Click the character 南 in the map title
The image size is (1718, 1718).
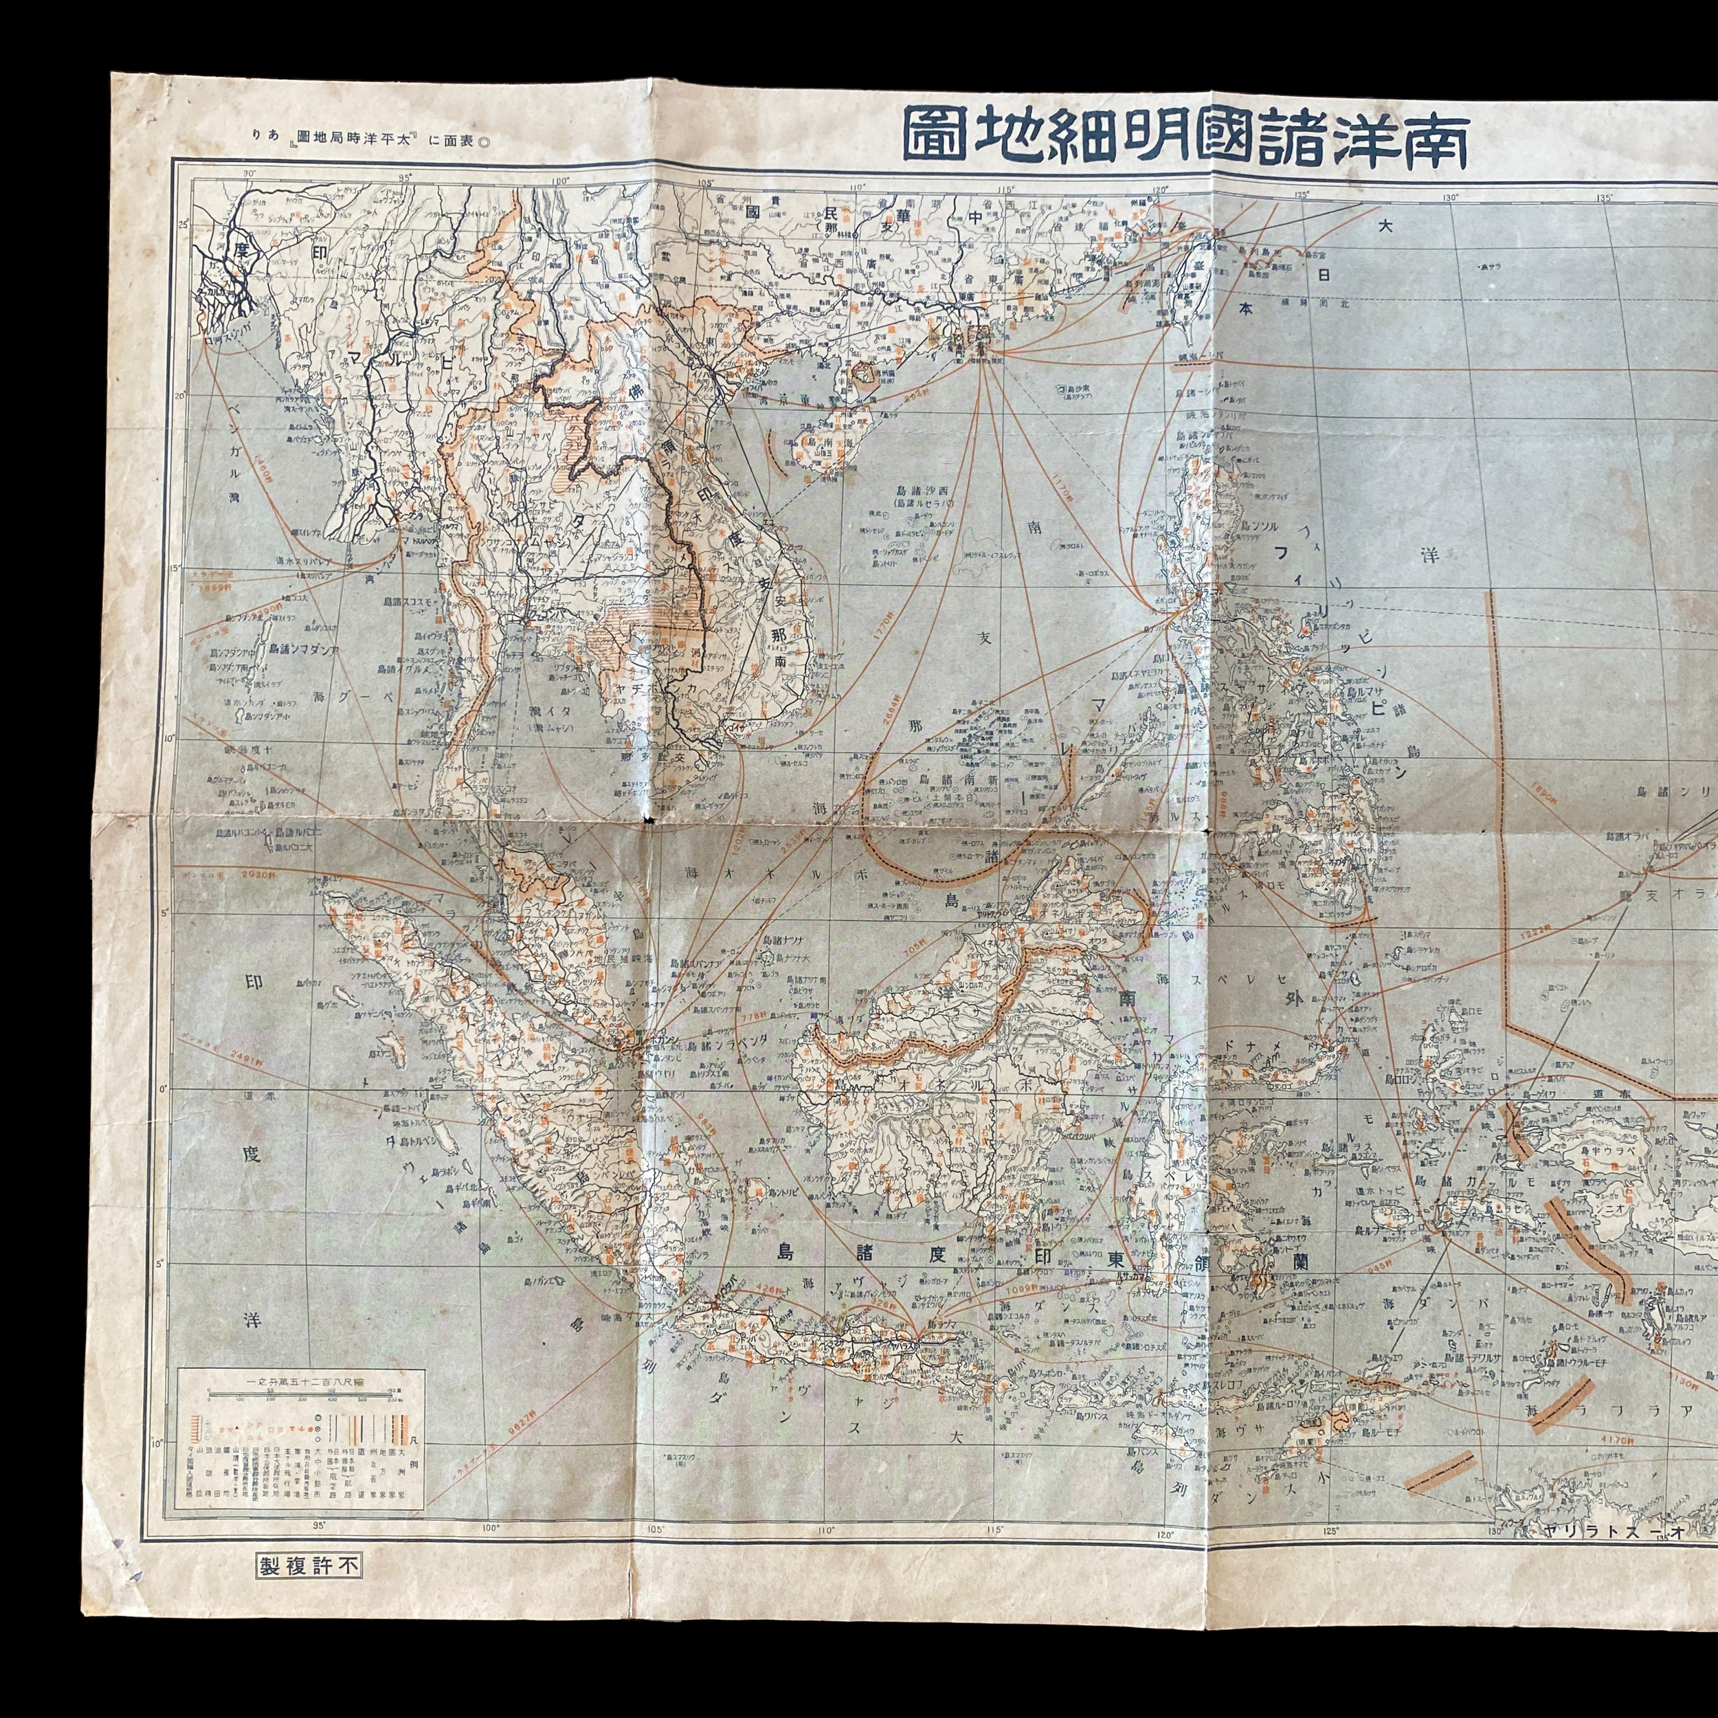click(1433, 138)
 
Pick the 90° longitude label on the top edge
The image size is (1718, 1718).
click(249, 173)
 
